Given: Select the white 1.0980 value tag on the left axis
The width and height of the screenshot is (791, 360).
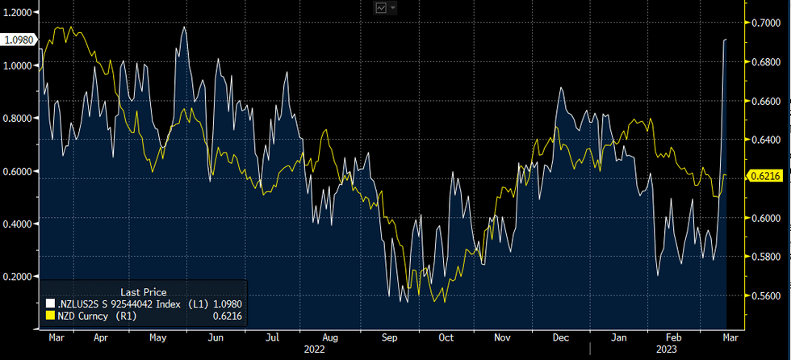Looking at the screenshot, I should tap(18, 39).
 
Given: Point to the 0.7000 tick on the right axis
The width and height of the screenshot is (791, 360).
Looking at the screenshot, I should tap(765, 23).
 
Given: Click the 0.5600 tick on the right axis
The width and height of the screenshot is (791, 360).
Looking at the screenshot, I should tap(765, 295).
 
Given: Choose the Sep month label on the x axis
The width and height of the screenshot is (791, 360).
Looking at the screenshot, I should tap(388, 337).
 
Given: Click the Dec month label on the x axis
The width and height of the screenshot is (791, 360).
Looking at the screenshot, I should tap(563, 337).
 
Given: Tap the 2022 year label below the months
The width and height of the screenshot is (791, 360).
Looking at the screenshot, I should tap(315, 350).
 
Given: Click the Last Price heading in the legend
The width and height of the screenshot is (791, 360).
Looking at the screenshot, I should tap(143, 291).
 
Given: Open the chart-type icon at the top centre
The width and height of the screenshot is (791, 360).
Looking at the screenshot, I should tap(381, 7).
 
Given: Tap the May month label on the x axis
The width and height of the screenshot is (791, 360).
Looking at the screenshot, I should tap(157, 337).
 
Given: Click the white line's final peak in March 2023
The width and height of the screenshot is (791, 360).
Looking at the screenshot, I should tap(725, 39).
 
